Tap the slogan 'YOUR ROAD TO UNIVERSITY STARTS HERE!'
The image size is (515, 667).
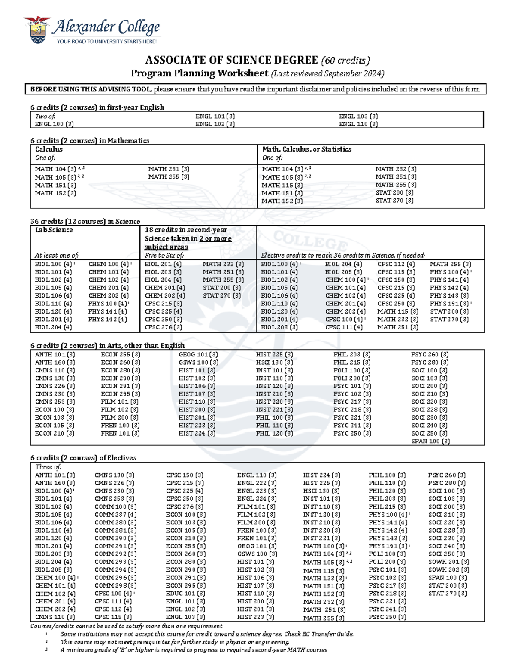106,41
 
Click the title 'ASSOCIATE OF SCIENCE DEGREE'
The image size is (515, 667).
231,60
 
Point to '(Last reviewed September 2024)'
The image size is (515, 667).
327,73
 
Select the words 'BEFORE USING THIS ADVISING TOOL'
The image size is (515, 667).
91,89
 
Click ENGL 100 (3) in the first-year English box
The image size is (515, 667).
54,124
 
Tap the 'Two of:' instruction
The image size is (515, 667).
45,116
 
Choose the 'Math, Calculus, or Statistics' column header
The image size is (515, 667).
306,149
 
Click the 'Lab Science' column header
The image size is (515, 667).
54,230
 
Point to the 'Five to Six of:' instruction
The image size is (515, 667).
164,256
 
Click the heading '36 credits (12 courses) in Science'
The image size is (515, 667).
85,221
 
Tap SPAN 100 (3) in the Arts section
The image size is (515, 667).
430,441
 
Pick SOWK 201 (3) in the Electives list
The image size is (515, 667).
448,562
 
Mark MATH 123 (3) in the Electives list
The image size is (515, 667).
324,578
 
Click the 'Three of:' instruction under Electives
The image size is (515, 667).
48,467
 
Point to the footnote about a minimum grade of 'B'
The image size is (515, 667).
194,650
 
